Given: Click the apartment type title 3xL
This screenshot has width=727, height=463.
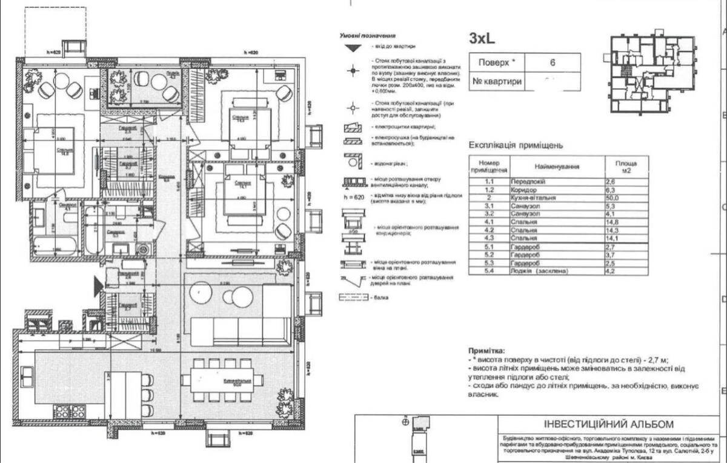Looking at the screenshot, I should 482,38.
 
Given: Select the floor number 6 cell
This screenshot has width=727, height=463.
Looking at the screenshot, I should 552,62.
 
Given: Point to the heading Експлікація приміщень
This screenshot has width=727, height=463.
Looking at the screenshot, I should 516,145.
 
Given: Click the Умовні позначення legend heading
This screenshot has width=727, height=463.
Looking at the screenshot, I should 363,36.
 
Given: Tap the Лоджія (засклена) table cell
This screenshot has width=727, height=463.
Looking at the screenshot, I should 543,271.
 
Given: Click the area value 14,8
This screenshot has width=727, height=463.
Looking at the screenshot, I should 613,222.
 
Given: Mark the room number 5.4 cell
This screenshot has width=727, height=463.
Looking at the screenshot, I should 488,271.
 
